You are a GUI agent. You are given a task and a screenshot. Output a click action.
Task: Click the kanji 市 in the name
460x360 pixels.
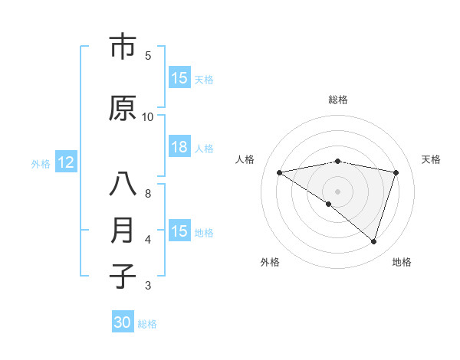click(123, 47)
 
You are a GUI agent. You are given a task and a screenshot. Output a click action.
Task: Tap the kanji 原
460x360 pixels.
click(123, 108)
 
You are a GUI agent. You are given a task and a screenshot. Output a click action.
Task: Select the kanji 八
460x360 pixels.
click(123, 185)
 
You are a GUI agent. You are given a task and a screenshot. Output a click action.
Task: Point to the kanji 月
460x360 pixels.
click(123, 231)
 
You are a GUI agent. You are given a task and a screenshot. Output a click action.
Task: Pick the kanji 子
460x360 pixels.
click(123, 277)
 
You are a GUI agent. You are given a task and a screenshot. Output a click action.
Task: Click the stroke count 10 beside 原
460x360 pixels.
click(148, 117)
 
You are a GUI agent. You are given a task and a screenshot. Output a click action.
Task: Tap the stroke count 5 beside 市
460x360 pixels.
click(148, 56)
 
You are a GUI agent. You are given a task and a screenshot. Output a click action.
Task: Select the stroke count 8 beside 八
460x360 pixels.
click(148, 194)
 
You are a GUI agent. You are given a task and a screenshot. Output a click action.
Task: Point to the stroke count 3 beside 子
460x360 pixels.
click(148, 286)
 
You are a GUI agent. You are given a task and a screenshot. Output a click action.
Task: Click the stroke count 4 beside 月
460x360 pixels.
click(148, 240)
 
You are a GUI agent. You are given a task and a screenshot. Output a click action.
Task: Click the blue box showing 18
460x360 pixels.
click(179, 148)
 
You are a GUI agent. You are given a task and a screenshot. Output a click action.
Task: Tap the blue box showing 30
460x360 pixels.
click(123, 322)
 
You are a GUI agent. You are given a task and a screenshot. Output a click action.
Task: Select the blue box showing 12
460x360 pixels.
click(66, 162)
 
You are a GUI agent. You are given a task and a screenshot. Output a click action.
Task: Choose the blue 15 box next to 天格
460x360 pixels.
click(179, 78)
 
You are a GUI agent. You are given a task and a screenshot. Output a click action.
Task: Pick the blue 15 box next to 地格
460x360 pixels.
click(179, 232)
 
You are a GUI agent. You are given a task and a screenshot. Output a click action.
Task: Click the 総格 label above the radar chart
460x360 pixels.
click(338, 100)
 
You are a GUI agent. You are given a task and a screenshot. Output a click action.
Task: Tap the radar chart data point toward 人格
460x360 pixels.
click(280, 172)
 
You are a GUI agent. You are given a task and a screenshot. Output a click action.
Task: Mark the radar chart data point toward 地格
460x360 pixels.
click(374, 241)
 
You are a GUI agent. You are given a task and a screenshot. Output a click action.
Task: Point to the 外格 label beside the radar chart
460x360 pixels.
click(270, 263)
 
